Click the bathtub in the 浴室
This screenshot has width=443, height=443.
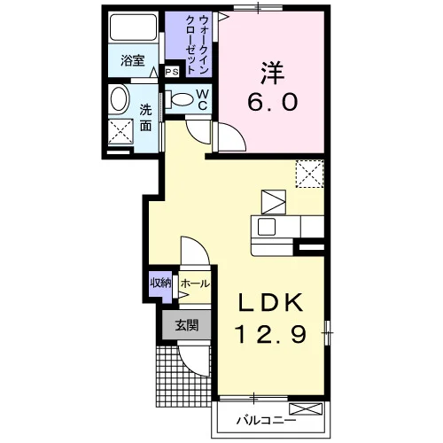tap(133, 27)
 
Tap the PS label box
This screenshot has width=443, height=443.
tap(172, 72)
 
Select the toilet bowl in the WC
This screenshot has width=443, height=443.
tap(180, 99)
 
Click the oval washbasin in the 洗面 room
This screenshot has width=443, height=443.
tap(120, 99)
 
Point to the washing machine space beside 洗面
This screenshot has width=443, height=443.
tap(120, 132)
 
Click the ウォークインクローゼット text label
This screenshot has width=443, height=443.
tap(197, 44)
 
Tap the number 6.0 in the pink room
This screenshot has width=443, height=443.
tap(272, 101)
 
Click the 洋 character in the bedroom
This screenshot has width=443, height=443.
tap(272, 73)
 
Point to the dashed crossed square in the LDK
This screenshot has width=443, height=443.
tap(310, 174)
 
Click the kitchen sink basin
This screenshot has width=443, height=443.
tap(267, 227)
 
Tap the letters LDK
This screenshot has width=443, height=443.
tap(271, 303)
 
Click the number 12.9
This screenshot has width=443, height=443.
tap(271, 333)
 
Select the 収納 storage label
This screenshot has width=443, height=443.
tap(160, 284)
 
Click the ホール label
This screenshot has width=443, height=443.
tap(195, 284)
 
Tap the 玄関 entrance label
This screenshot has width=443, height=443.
tap(187, 325)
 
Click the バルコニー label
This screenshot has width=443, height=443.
tap(266, 420)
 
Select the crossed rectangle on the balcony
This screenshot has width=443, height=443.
tap(306, 409)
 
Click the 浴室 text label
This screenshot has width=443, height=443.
tap(133, 61)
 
